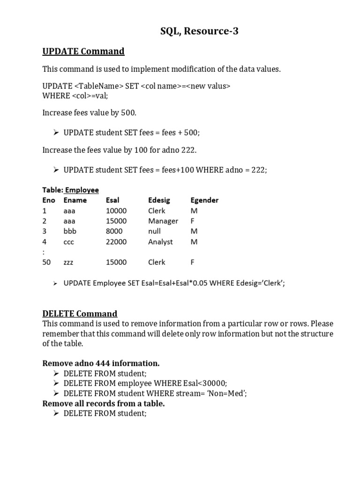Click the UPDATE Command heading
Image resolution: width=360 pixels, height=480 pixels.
point(83,51)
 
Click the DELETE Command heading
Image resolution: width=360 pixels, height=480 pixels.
point(80,314)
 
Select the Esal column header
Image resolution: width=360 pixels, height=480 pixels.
point(113,200)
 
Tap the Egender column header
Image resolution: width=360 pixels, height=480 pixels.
point(204,200)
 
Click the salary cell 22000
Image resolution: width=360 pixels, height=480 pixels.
point(116,242)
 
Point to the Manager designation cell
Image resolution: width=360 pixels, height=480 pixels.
point(163,221)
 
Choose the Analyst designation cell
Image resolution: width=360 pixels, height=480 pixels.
point(160,242)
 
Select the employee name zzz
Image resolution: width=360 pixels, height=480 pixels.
point(69,262)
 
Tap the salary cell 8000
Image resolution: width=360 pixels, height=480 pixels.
point(114,231)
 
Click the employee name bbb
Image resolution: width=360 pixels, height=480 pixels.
point(69,231)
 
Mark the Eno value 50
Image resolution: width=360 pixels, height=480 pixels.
point(46,262)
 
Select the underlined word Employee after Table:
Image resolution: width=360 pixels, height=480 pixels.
point(82,190)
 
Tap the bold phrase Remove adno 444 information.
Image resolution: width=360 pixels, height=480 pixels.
point(101,363)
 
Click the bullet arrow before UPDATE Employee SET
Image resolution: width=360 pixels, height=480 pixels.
point(55,283)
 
